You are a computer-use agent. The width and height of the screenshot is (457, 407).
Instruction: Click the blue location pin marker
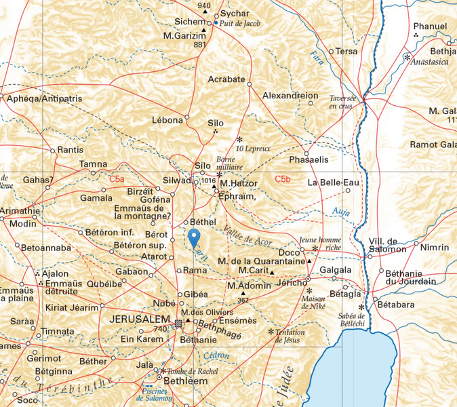[x=194, y=238]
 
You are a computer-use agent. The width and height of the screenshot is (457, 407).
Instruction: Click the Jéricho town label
[x=292, y=284]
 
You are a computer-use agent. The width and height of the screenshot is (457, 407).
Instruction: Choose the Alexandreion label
[x=290, y=96]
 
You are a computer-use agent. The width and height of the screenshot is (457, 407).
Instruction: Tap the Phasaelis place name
[x=309, y=159]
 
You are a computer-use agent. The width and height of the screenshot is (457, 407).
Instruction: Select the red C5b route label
[x=282, y=179]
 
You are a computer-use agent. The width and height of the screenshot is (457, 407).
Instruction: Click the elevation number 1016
[x=208, y=181]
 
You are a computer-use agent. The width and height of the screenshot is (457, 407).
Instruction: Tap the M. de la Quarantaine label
[x=261, y=260]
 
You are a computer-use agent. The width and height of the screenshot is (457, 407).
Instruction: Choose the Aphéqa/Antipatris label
[x=43, y=99]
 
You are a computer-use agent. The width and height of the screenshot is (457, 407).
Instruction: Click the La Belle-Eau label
[x=333, y=182]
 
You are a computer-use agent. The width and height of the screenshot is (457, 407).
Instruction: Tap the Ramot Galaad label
[x=433, y=144]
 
